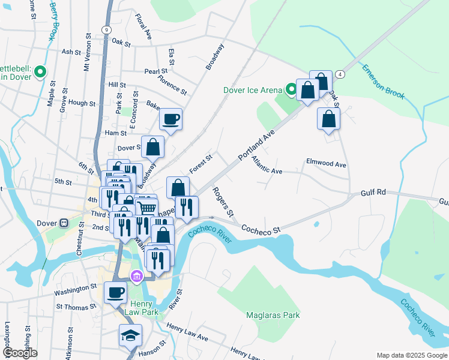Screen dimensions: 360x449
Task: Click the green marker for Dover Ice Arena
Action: (292, 90)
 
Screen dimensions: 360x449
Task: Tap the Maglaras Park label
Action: (273, 315)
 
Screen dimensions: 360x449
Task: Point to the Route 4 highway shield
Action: (340, 73)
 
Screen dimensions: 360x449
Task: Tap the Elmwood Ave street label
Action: (326, 163)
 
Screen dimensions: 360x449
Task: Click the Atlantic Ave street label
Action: (267, 166)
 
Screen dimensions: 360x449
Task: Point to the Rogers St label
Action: (222, 202)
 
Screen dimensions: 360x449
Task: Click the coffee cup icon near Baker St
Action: (171, 119)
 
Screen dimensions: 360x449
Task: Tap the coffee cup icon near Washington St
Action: (115, 293)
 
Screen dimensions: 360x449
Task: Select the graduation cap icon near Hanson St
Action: (130, 336)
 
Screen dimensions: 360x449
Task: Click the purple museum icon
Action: (136, 276)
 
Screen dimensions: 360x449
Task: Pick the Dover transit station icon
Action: (64, 223)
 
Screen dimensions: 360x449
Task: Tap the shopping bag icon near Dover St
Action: (153, 146)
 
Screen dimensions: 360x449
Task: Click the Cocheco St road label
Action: (261, 229)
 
